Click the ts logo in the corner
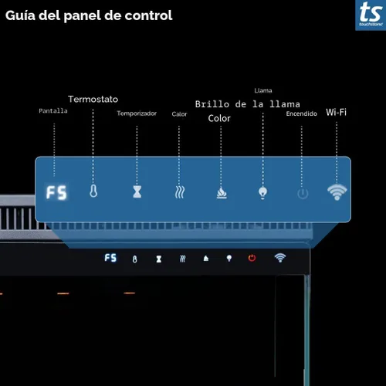(371, 15)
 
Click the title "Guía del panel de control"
(89, 16)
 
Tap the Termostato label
(93, 99)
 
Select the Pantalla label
(53, 111)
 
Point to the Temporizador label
(137, 113)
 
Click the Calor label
(179, 114)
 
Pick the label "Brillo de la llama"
(248, 104)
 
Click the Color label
(219, 118)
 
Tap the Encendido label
(302, 113)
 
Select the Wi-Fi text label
(337, 112)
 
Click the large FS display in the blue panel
(56, 192)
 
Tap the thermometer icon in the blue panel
(93, 191)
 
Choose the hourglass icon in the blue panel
(137, 191)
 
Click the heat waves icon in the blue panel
(180, 192)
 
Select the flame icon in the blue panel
(222, 193)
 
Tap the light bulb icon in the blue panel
(262, 192)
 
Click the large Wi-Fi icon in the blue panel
(337, 192)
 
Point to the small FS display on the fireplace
(110, 258)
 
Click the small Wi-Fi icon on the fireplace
(280, 258)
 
